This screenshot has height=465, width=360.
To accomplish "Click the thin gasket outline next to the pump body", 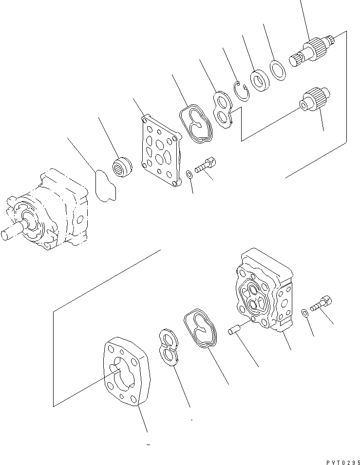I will (106, 186).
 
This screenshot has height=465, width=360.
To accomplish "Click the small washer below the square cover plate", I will (189, 174).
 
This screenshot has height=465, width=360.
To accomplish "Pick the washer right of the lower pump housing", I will (304, 312).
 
